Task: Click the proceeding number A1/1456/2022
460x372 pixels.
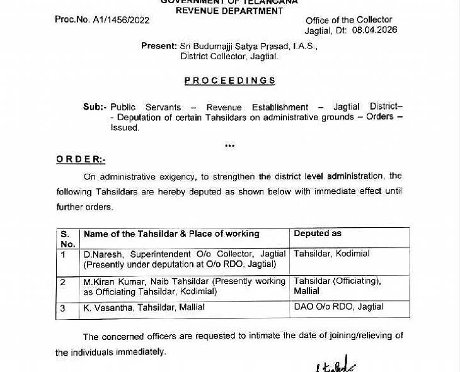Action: [x=120, y=20]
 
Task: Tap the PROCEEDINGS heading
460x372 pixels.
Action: [x=229, y=81]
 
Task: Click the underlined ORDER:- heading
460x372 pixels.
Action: [x=81, y=160]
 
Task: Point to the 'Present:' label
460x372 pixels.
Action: [x=159, y=46]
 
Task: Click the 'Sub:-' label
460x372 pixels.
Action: [x=95, y=107]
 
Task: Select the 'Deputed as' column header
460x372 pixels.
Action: [x=318, y=234]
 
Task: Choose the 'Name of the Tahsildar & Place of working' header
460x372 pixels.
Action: [x=171, y=234]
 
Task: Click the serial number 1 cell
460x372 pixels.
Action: [x=64, y=254]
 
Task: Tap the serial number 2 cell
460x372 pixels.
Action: [x=64, y=282]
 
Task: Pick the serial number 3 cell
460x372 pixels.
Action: [x=64, y=308]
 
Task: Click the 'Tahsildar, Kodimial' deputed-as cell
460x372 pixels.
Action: [x=331, y=254]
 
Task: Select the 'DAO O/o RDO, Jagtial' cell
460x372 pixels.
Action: [x=338, y=307]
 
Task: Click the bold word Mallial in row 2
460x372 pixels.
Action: [x=306, y=291]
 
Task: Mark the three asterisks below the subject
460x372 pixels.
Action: [x=229, y=147]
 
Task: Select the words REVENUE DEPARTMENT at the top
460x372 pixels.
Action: [x=229, y=11]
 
